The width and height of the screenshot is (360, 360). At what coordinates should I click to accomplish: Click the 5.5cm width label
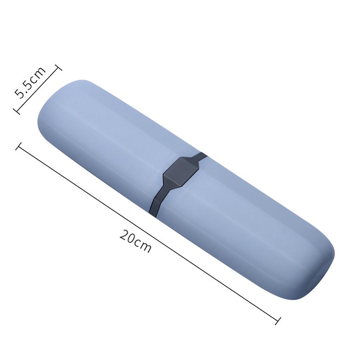coord(30,83)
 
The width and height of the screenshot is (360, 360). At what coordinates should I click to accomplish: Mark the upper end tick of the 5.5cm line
coord(58,68)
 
